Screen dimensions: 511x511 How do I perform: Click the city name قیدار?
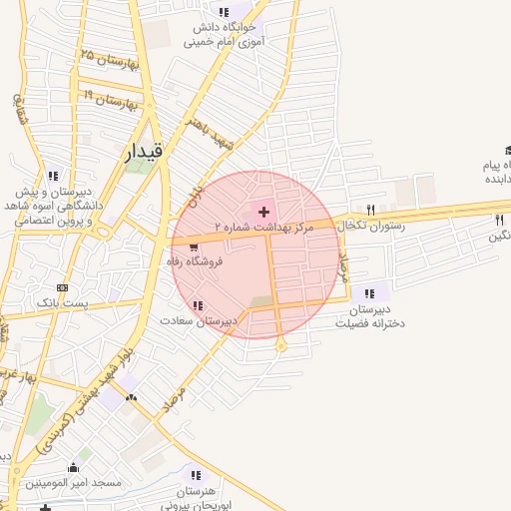pos(151,153)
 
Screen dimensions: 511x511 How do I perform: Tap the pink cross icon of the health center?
pos(263,212)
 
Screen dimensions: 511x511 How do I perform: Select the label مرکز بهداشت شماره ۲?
pos(263,228)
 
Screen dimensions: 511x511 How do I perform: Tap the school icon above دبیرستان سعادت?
pos(199,304)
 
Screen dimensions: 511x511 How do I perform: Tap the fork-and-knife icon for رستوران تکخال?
pos(371,210)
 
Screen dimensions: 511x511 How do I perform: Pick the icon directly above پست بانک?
pos(63,286)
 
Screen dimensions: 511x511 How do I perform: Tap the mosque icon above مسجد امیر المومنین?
pos(72,467)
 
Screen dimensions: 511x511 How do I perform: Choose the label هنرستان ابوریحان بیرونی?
pos(196,499)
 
